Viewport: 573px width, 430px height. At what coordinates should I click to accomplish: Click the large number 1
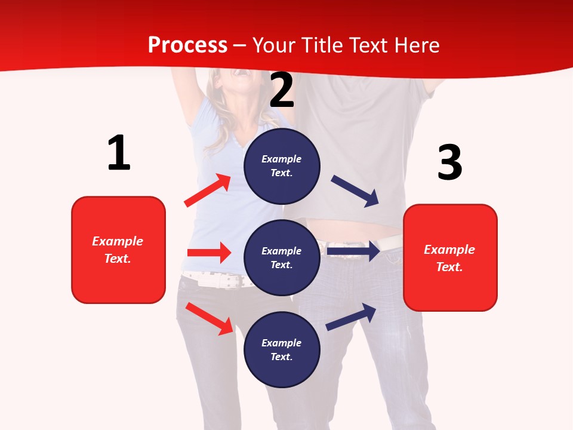[x=119, y=153]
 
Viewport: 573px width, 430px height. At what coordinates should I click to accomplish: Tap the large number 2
[x=282, y=90]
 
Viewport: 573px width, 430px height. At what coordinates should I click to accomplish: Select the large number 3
[x=450, y=162]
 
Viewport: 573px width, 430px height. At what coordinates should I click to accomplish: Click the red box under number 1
[x=118, y=250]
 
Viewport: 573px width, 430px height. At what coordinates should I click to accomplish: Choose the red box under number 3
[x=450, y=258]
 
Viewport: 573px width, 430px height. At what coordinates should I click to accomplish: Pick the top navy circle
[x=282, y=166]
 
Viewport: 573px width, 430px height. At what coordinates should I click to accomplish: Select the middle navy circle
[x=282, y=257]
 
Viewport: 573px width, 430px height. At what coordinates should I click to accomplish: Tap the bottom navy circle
[x=282, y=349]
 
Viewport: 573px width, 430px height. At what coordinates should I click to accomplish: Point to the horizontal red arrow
[x=209, y=253]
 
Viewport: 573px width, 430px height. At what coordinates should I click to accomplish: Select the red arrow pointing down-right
[x=209, y=318]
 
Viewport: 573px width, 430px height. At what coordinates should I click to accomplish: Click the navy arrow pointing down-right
[x=355, y=191]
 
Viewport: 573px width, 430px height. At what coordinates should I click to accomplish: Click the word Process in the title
[x=187, y=45]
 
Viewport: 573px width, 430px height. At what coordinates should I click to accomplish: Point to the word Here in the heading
[x=417, y=45]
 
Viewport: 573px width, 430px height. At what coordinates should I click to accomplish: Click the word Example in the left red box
[x=118, y=241]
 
